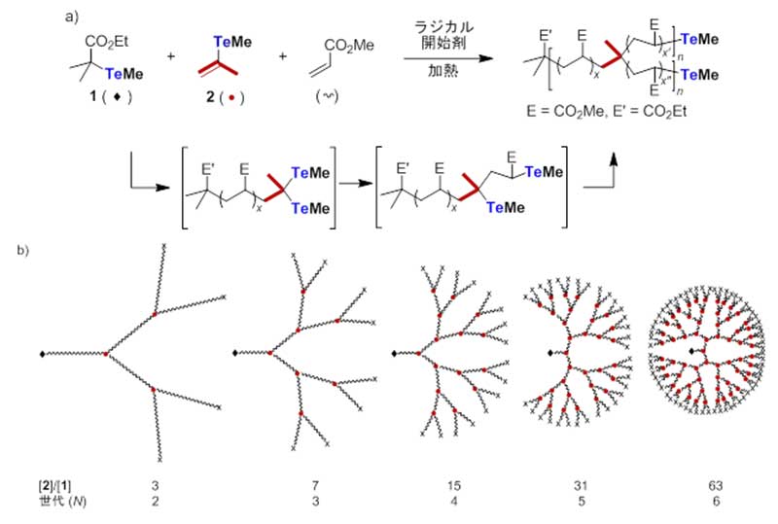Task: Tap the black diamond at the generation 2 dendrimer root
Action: [x=41, y=354]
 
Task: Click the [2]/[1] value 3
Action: [x=156, y=483]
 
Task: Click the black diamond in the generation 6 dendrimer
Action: [x=692, y=349]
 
